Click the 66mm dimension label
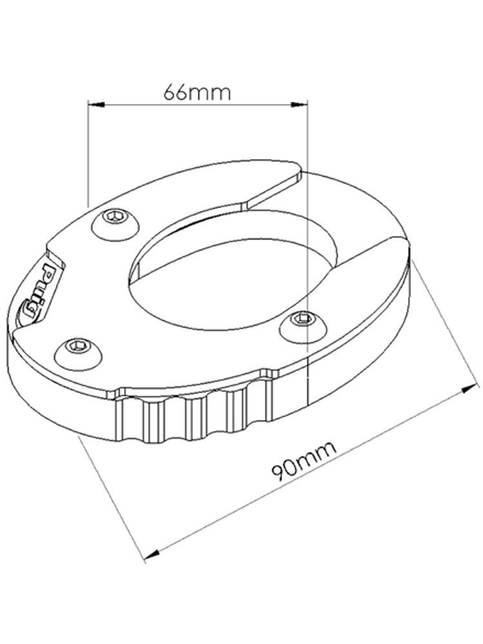(196, 92)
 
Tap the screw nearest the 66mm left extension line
(117, 221)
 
